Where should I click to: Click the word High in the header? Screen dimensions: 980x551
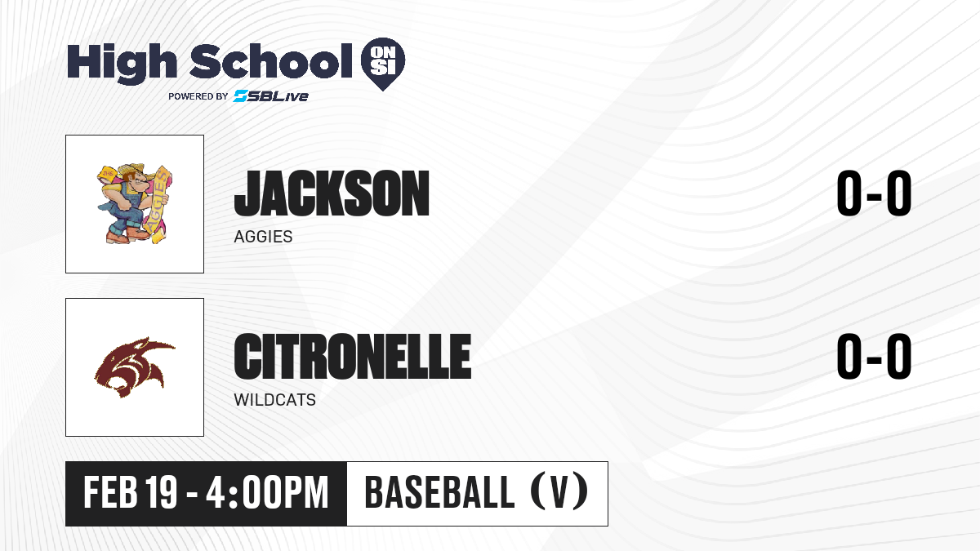(x=122, y=63)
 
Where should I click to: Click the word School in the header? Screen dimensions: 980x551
(x=271, y=61)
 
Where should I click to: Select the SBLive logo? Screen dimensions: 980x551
(x=270, y=96)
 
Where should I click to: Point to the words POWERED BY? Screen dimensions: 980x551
(x=198, y=96)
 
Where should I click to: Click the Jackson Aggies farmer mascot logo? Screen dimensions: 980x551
(x=135, y=204)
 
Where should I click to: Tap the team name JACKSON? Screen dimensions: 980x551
(x=332, y=193)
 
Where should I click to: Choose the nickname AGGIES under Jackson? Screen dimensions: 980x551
(x=263, y=237)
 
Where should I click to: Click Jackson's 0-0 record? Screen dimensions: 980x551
(x=874, y=193)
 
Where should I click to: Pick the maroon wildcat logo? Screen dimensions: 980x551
(x=135, y=367)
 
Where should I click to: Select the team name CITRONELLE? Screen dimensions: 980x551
(x=353, y=357)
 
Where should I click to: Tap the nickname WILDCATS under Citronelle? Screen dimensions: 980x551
(x=274, y=400)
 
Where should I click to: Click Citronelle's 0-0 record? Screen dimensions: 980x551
(x=874, y=357)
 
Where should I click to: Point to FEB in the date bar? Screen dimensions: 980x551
(x=111, y=492)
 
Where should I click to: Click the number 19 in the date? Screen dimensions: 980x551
(x=162, y=492)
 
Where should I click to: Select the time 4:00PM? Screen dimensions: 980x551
(x=267, y=492)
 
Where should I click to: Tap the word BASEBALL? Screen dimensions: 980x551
(x=439, y=492)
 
